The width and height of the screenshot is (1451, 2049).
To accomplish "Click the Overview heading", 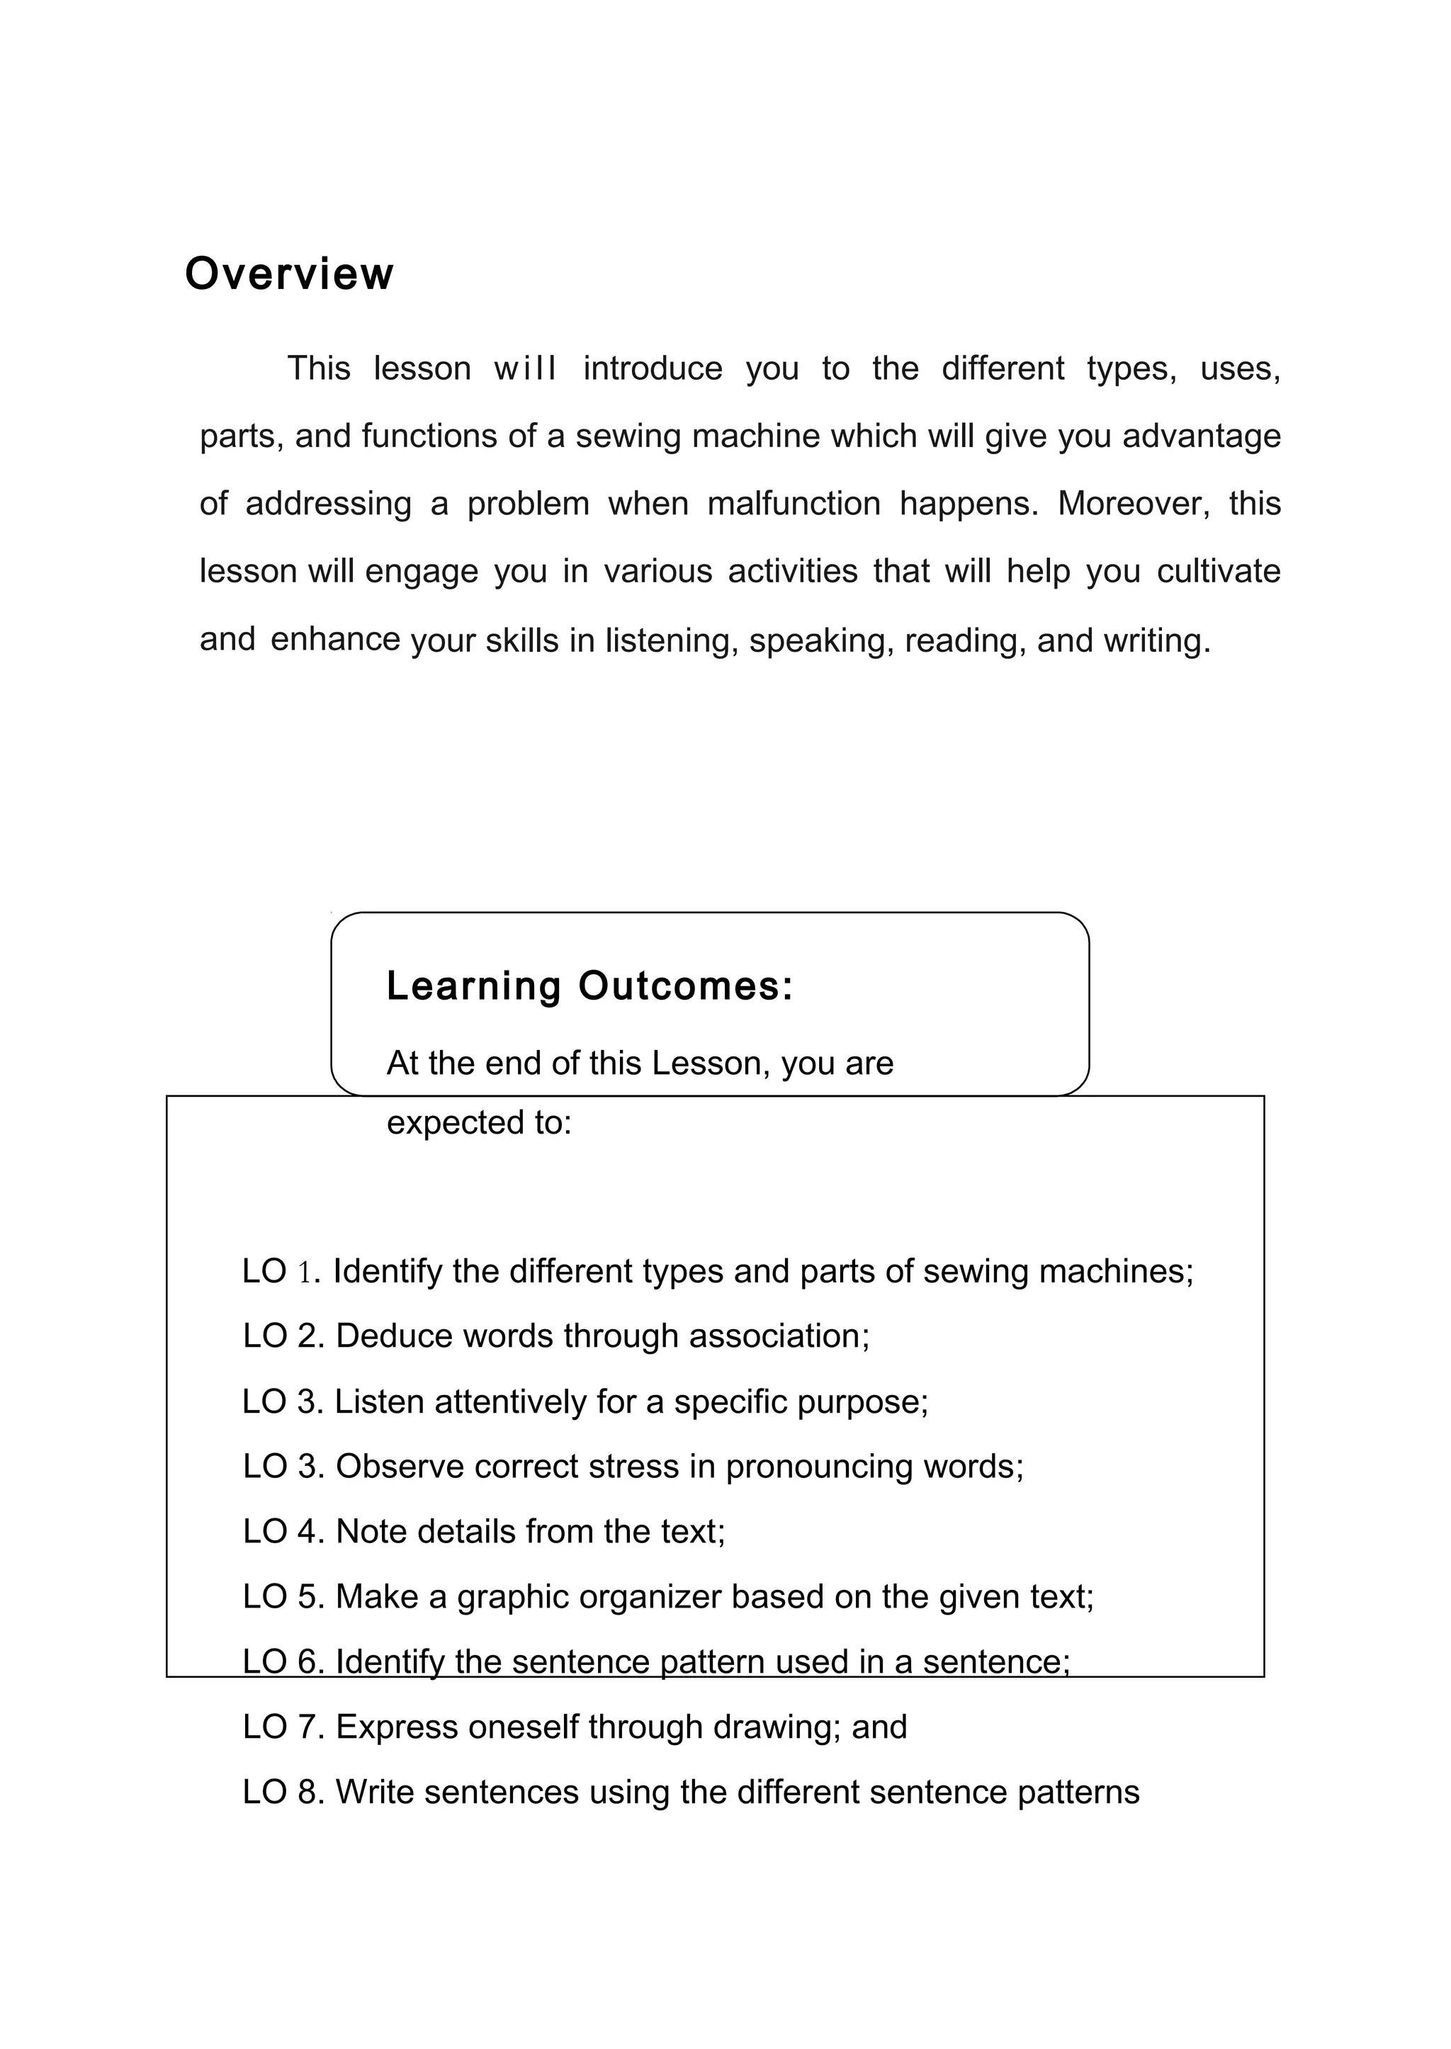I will [288, 273].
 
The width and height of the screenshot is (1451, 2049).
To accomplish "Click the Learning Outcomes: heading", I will [589, 986].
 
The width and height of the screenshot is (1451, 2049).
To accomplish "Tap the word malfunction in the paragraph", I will [794, 504].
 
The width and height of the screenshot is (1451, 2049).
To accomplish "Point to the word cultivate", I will [1218, 571].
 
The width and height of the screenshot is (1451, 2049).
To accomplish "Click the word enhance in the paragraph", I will [335, 640].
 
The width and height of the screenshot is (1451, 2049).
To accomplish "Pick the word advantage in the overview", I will [1202, 436].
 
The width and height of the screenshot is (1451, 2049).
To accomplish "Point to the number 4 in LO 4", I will [308, 1532].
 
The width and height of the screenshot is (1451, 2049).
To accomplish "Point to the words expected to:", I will [479, 1123].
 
